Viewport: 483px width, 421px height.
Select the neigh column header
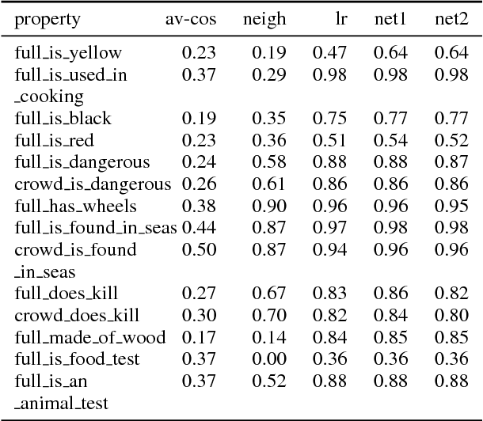pyautogui.click(x=264, y=18)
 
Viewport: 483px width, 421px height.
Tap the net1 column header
pyautogui.click(x=390, y=18)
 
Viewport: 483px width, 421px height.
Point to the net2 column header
pyautogui.click(x=451, y=18)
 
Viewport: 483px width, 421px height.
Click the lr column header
pyautogui.click(x=338, y=18)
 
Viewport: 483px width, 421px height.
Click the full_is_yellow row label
pyautogui.click(x=68, y=54)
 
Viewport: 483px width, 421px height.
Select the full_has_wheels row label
pyautogui.click(x=75, y=207)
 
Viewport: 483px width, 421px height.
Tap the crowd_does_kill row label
pyautogui.click(x=78, y=316)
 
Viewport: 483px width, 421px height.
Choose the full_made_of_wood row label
pyautogui.click(x=89, y=338)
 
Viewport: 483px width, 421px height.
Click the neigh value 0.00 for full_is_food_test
pyautogui.click(x=268, y=359)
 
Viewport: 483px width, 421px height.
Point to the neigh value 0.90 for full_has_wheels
pyautogui.click(x=268, y=207)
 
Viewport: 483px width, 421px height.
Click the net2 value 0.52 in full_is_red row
pyautogui.click(x=451, y=141)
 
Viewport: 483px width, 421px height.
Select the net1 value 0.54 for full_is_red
pyautogui.click(x=390, y=141)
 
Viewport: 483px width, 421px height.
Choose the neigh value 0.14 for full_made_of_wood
pyautogui.click(x=268, y=338)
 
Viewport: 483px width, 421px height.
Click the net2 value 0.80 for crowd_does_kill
pyautogui.click(x=451, y=316)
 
